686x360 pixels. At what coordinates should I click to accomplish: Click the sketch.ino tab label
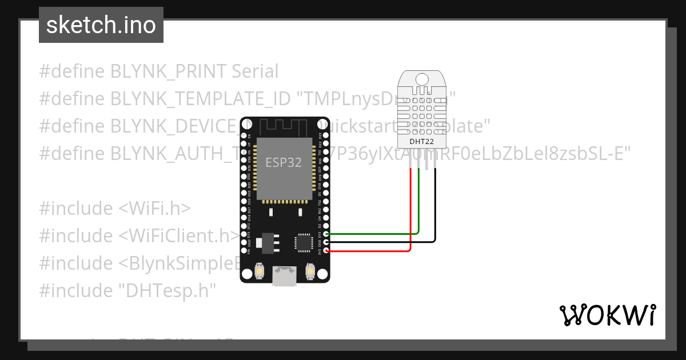101,25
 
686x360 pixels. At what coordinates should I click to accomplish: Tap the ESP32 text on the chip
283,163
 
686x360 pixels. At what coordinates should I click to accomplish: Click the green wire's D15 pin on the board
326,234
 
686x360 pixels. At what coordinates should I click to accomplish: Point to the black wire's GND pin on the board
326,242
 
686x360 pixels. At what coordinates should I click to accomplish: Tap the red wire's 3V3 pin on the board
326,250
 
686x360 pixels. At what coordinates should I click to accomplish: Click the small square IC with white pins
302,242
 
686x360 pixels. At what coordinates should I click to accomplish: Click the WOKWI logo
607,315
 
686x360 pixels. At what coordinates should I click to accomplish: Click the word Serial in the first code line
255,71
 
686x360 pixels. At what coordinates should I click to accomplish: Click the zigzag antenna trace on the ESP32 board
284,126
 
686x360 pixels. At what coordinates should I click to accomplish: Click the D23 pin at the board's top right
326,136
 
